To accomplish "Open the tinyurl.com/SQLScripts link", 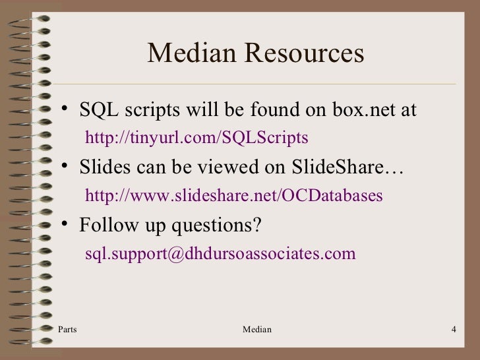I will pyautogui.click(x=197, y=138).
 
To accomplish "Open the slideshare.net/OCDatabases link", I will pyautogui.click(x=234, y=196).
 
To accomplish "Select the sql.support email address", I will pyautogui.click(x=220, y=254).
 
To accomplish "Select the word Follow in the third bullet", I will pyautogui.click(x=106, y=225).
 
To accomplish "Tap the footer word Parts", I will pyautogui.click(x=67, y=329).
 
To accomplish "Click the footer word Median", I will pyautogui.click(x=257, y=329).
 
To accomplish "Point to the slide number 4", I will pyautogui.click(x=454, y=329).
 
